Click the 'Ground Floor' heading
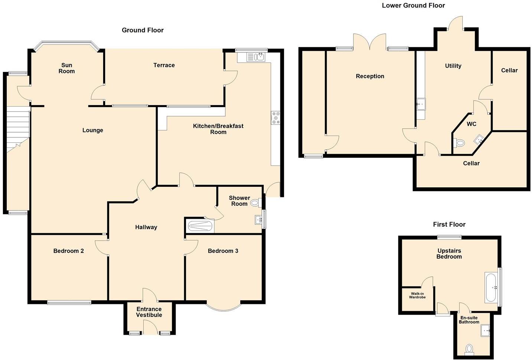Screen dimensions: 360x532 tap(143, 30)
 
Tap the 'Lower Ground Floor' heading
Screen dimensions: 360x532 tap(413, 5)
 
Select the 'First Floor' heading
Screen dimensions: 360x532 tap(449, 224)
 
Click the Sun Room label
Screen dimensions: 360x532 tap(66, 68)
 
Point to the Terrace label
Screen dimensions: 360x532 tap(164, 65)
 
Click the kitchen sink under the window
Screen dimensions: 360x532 tap(256, 57)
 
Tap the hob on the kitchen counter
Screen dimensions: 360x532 tap(275, 118)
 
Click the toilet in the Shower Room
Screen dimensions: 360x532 tap(255, 203)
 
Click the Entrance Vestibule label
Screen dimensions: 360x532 tap(149, 312)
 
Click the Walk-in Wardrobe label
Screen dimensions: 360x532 tap(417, 295)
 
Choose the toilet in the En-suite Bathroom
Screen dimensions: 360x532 tap(469, 349)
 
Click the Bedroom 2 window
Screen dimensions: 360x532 tap(69, 302)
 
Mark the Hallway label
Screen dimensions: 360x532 tap(146, 227)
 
